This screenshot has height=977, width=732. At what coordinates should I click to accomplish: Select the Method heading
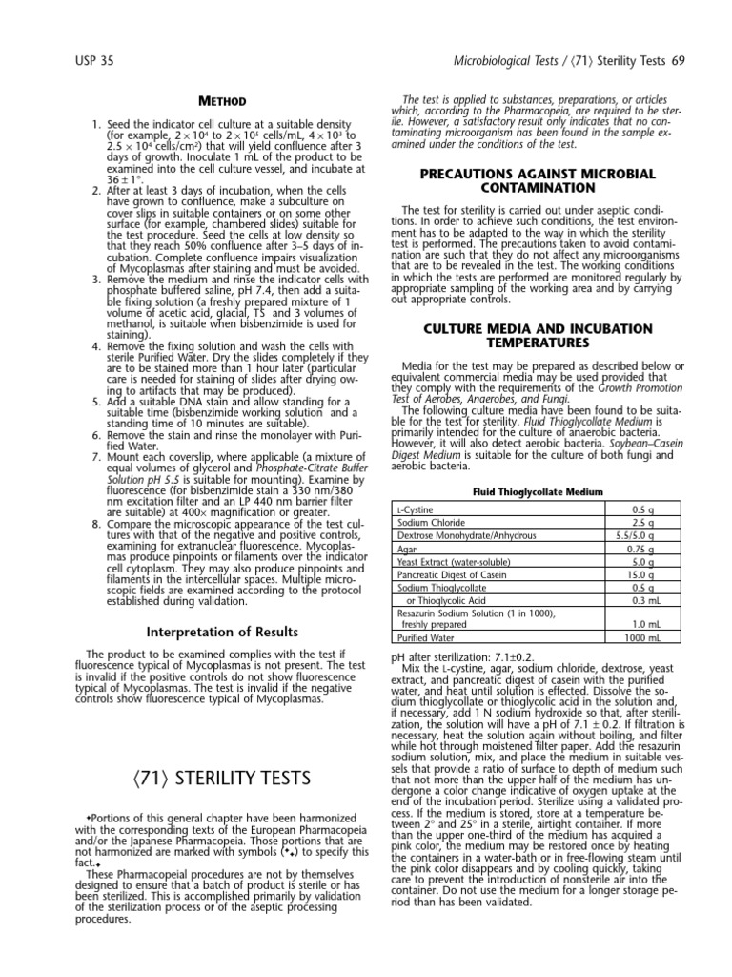click(221, 101)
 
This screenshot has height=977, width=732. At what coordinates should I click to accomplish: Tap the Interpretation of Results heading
click(221, 632)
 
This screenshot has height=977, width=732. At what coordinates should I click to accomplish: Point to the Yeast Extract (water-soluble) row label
click(450, 562)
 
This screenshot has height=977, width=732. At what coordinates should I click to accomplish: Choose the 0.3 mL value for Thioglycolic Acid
click(667, 599)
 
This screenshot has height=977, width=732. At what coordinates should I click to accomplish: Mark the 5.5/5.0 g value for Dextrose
click(663, 535)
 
